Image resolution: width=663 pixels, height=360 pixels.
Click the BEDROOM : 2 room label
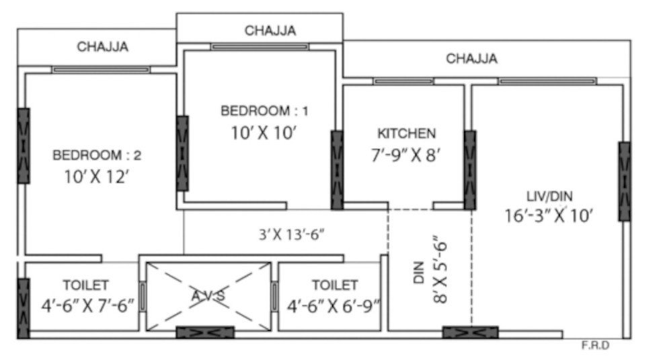pos(97,155)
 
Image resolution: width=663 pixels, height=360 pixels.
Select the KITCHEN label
pos(405,133)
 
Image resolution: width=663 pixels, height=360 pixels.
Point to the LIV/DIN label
pos(550,196)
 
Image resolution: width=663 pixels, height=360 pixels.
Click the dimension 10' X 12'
pos(97,178)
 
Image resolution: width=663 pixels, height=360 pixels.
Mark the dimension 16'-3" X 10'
pos(550,215)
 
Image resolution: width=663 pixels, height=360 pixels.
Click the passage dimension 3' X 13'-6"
pos(293,235)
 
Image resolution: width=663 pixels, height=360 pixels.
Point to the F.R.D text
pos(595,347)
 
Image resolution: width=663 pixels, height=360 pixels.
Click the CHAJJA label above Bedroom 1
pos(270,30)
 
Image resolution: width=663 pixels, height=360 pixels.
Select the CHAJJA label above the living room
pos(472,59)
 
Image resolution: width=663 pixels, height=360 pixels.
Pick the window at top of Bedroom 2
pos(101,69)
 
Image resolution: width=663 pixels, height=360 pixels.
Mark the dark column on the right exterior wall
pos(625,182)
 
